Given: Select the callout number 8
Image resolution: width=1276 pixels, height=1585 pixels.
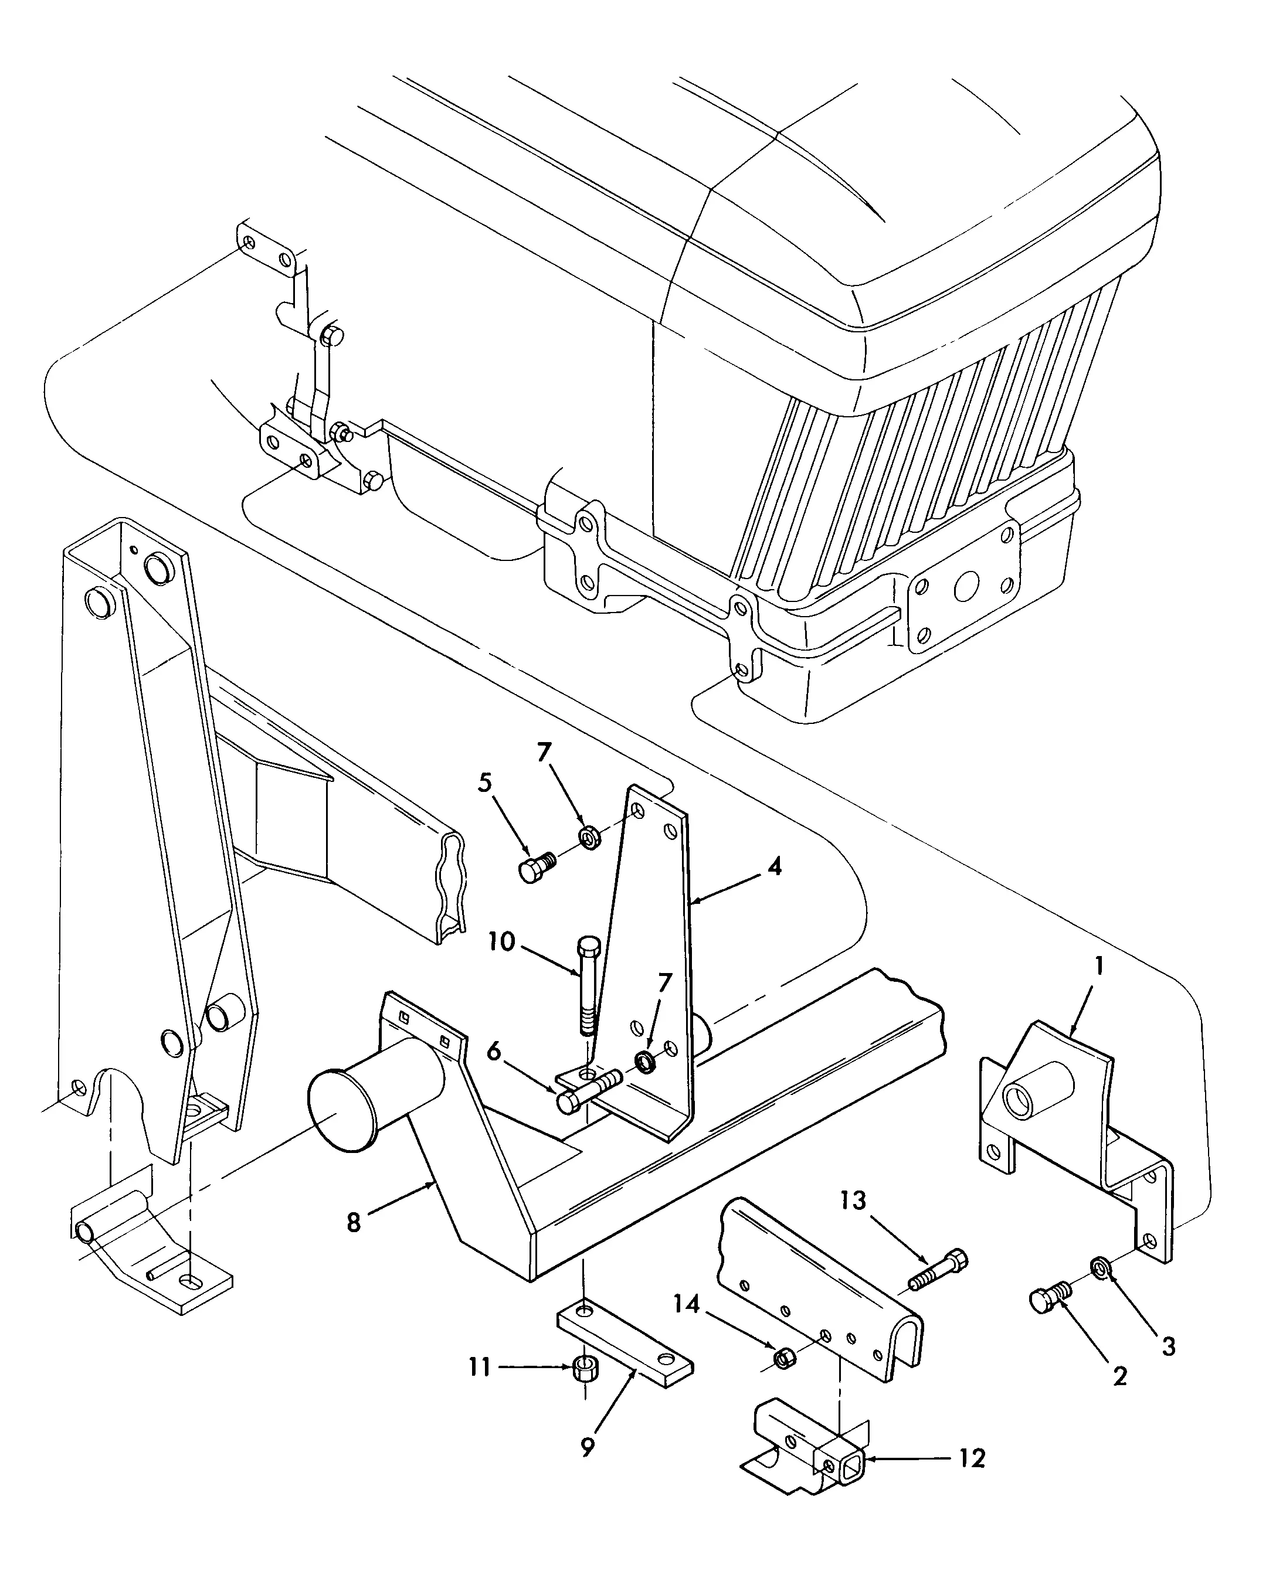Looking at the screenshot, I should point(354,1223).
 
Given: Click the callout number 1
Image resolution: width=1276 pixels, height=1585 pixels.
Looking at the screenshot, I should point(1099,967).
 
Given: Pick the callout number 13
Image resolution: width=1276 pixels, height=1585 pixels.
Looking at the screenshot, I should point(854,1200).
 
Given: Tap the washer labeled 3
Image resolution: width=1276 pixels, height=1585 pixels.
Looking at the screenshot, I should point(1099,1267).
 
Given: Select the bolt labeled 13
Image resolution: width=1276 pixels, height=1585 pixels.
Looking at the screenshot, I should point(940,1270).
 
